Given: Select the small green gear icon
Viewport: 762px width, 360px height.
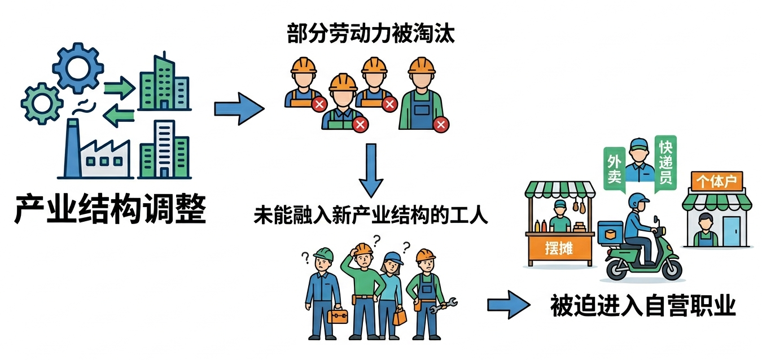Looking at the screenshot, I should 41,103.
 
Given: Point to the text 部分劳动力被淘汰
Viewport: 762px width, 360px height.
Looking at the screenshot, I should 370,35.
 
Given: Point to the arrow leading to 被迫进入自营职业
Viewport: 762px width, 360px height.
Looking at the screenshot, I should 509,305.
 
